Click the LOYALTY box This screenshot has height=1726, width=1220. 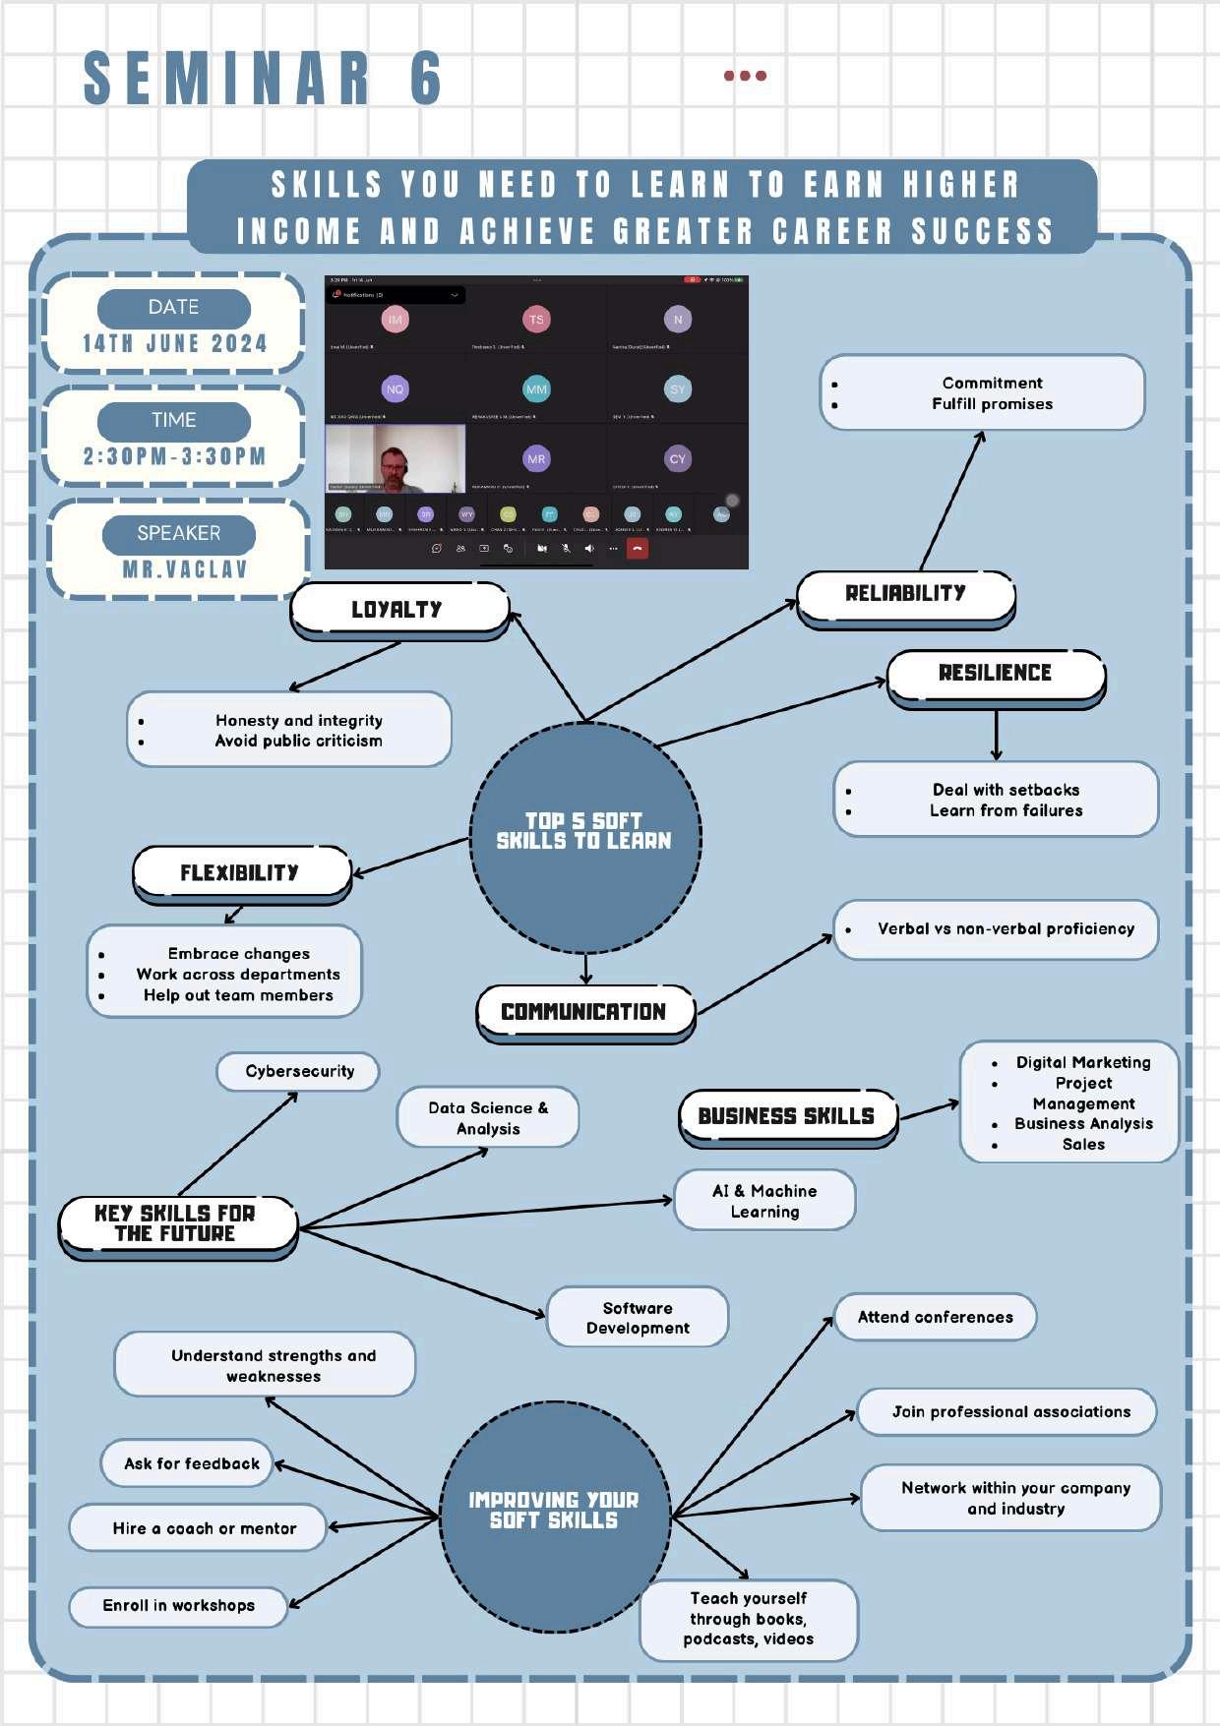398,609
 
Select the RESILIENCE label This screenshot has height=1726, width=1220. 995,673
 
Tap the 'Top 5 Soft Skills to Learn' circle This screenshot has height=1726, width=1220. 584,832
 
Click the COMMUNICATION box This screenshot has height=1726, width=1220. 584,1012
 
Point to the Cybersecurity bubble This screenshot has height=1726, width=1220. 299,1071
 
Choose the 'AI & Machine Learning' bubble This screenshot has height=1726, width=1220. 764,1201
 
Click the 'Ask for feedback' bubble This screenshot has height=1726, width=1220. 192,1463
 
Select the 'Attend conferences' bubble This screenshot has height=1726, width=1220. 935,1317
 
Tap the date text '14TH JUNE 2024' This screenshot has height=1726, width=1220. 174,344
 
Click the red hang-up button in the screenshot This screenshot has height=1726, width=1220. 638,549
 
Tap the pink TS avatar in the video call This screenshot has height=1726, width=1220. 536,320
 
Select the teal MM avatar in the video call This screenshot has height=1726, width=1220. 536,389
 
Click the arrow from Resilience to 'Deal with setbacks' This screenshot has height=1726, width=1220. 997,734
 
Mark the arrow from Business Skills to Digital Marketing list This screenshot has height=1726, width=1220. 929,1110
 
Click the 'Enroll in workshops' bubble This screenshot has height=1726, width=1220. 178,1606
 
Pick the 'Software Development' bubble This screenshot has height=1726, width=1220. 638,1318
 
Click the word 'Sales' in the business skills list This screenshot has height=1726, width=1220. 1083,1145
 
